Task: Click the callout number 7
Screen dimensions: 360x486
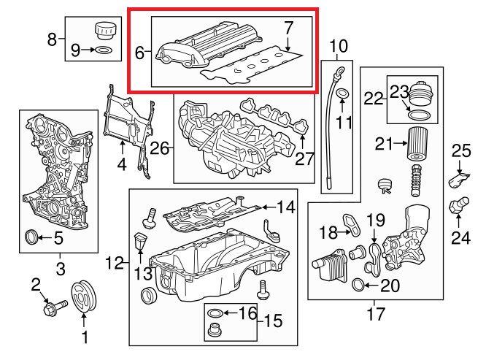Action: (x=288, y=29)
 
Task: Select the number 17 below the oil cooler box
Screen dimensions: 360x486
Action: (x=375, y=315)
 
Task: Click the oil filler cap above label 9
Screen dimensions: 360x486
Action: (x=104, y=32)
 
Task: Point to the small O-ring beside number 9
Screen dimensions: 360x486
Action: (x=104, y=50)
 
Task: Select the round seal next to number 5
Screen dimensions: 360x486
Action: (x=31, y=237)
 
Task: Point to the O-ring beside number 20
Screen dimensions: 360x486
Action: (x=358, y=285)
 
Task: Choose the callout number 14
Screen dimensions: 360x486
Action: (x=285, y=207)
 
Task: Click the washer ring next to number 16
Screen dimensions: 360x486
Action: (x=215, y=314)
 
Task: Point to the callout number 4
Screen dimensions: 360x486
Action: (x=122, y=165)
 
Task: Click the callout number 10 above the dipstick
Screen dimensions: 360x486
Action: (x=339, y=49)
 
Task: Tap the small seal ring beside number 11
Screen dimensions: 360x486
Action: (x=344, y=94)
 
